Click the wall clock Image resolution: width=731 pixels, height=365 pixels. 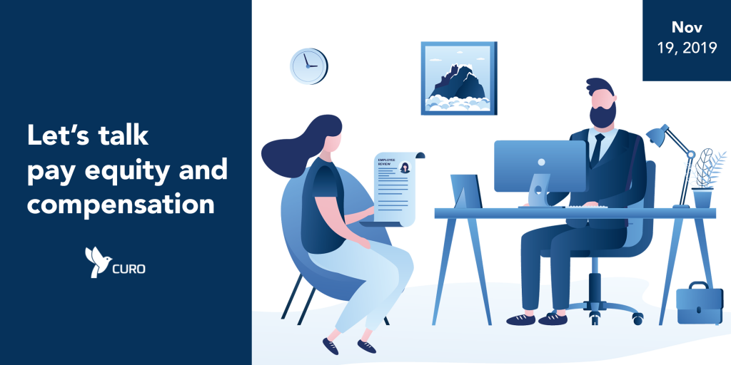pyautogui.click(x=308, y=66)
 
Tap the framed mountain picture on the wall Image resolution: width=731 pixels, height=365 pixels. pyautogui.click(x=459, y=78)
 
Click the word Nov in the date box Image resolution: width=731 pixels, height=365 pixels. pyautogui.click(x=687, y=28)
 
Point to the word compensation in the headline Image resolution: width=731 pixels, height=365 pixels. pyautogui.click(x=120, y=203)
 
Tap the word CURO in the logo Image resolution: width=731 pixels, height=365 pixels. pyautogui.click(x=128, y=269)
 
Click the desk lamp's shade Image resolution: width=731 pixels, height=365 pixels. pyautogui.click(x=657, y=133)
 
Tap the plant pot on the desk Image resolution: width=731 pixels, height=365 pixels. pyautogui.click(x=702, y=198)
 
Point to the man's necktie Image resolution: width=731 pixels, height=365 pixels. pyautogui.click(x=597, y=150)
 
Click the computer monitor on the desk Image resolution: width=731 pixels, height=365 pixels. pyautogui.click(x=540, y=167)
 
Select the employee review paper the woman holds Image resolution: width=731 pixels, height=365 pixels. pyautogui.click(x=395, y=188)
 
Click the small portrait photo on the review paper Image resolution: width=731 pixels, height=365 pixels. pyautogui.click(x=404, y=167)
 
